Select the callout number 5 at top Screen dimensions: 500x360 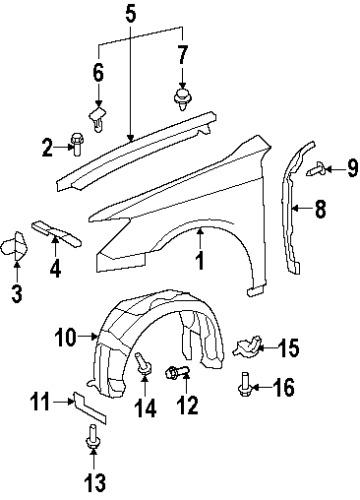coord(130,14)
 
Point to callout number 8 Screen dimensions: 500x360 coord(320,210)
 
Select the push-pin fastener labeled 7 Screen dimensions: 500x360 coord(182,97)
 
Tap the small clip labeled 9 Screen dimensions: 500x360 coord(314,168)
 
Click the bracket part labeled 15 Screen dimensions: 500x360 coord(243,348)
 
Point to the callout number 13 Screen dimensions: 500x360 coord(93,485)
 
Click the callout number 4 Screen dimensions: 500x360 coord(56,267)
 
